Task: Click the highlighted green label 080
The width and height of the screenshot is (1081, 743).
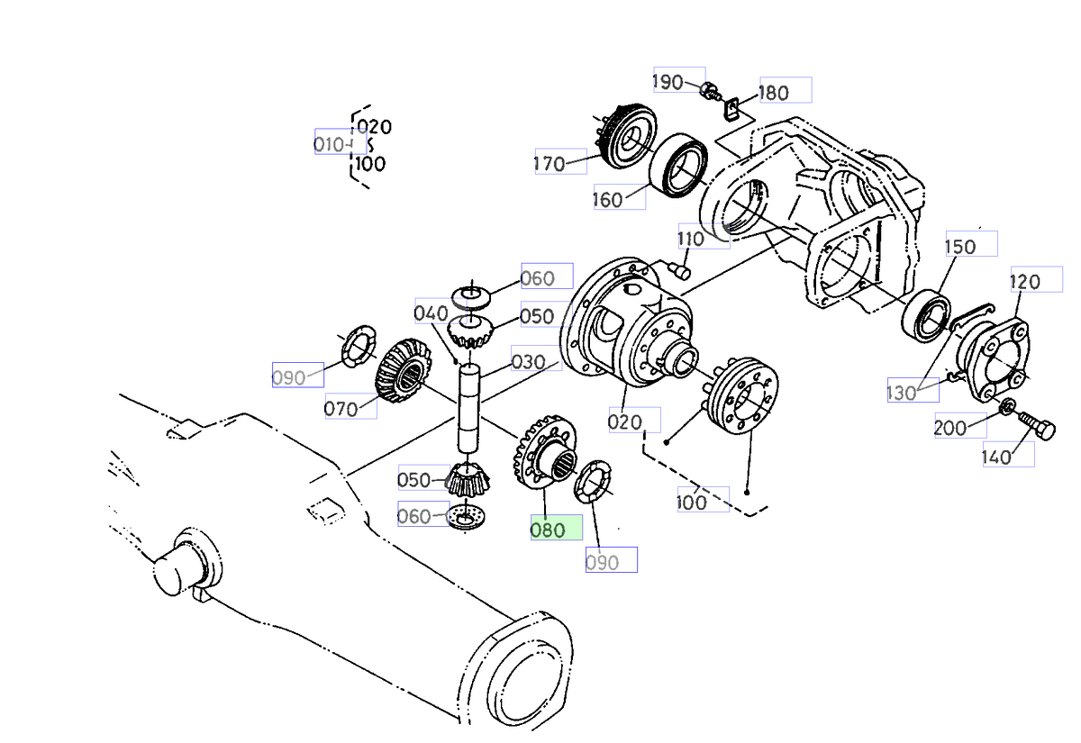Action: (556, 530)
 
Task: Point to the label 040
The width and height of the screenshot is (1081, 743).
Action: (431, 313)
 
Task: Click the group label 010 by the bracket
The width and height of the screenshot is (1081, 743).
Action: (330, 143)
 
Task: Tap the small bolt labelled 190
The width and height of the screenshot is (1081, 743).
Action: (710, 90)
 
